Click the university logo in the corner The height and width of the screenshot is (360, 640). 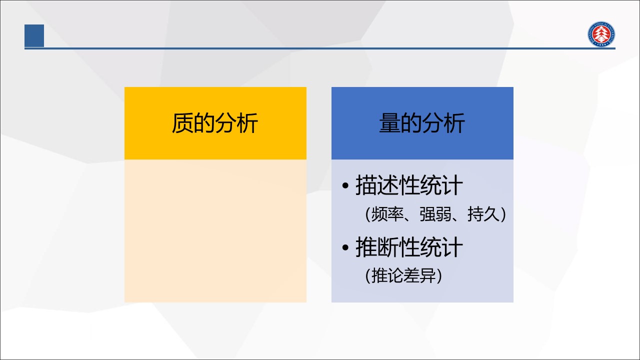(601, 33)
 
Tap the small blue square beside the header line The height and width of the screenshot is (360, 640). (34, 35)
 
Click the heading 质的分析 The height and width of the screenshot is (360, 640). (215, 123)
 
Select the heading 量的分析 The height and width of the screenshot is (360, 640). (422, 123)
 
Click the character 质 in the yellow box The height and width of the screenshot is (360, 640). (182, 123)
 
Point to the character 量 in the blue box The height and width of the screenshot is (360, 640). (389, 123)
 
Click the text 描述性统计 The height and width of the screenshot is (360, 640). (409, 185)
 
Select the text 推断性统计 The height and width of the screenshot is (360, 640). (409, 247)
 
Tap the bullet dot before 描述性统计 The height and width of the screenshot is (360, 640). (345, 185)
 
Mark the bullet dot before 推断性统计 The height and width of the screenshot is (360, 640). (345, 247)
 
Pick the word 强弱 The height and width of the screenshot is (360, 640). (435, 214)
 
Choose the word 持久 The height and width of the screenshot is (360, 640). (483, 214)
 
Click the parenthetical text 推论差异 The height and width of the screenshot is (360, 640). (403, 275)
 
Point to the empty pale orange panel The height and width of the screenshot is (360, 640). (215, 231)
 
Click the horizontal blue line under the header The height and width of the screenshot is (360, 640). (320, 48)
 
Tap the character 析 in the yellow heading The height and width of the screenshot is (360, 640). (247, 123)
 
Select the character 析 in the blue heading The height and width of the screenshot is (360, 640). (454, 123)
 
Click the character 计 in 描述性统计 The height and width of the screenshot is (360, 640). (452, 185)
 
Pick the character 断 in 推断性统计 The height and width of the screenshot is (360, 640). (387, 247)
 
